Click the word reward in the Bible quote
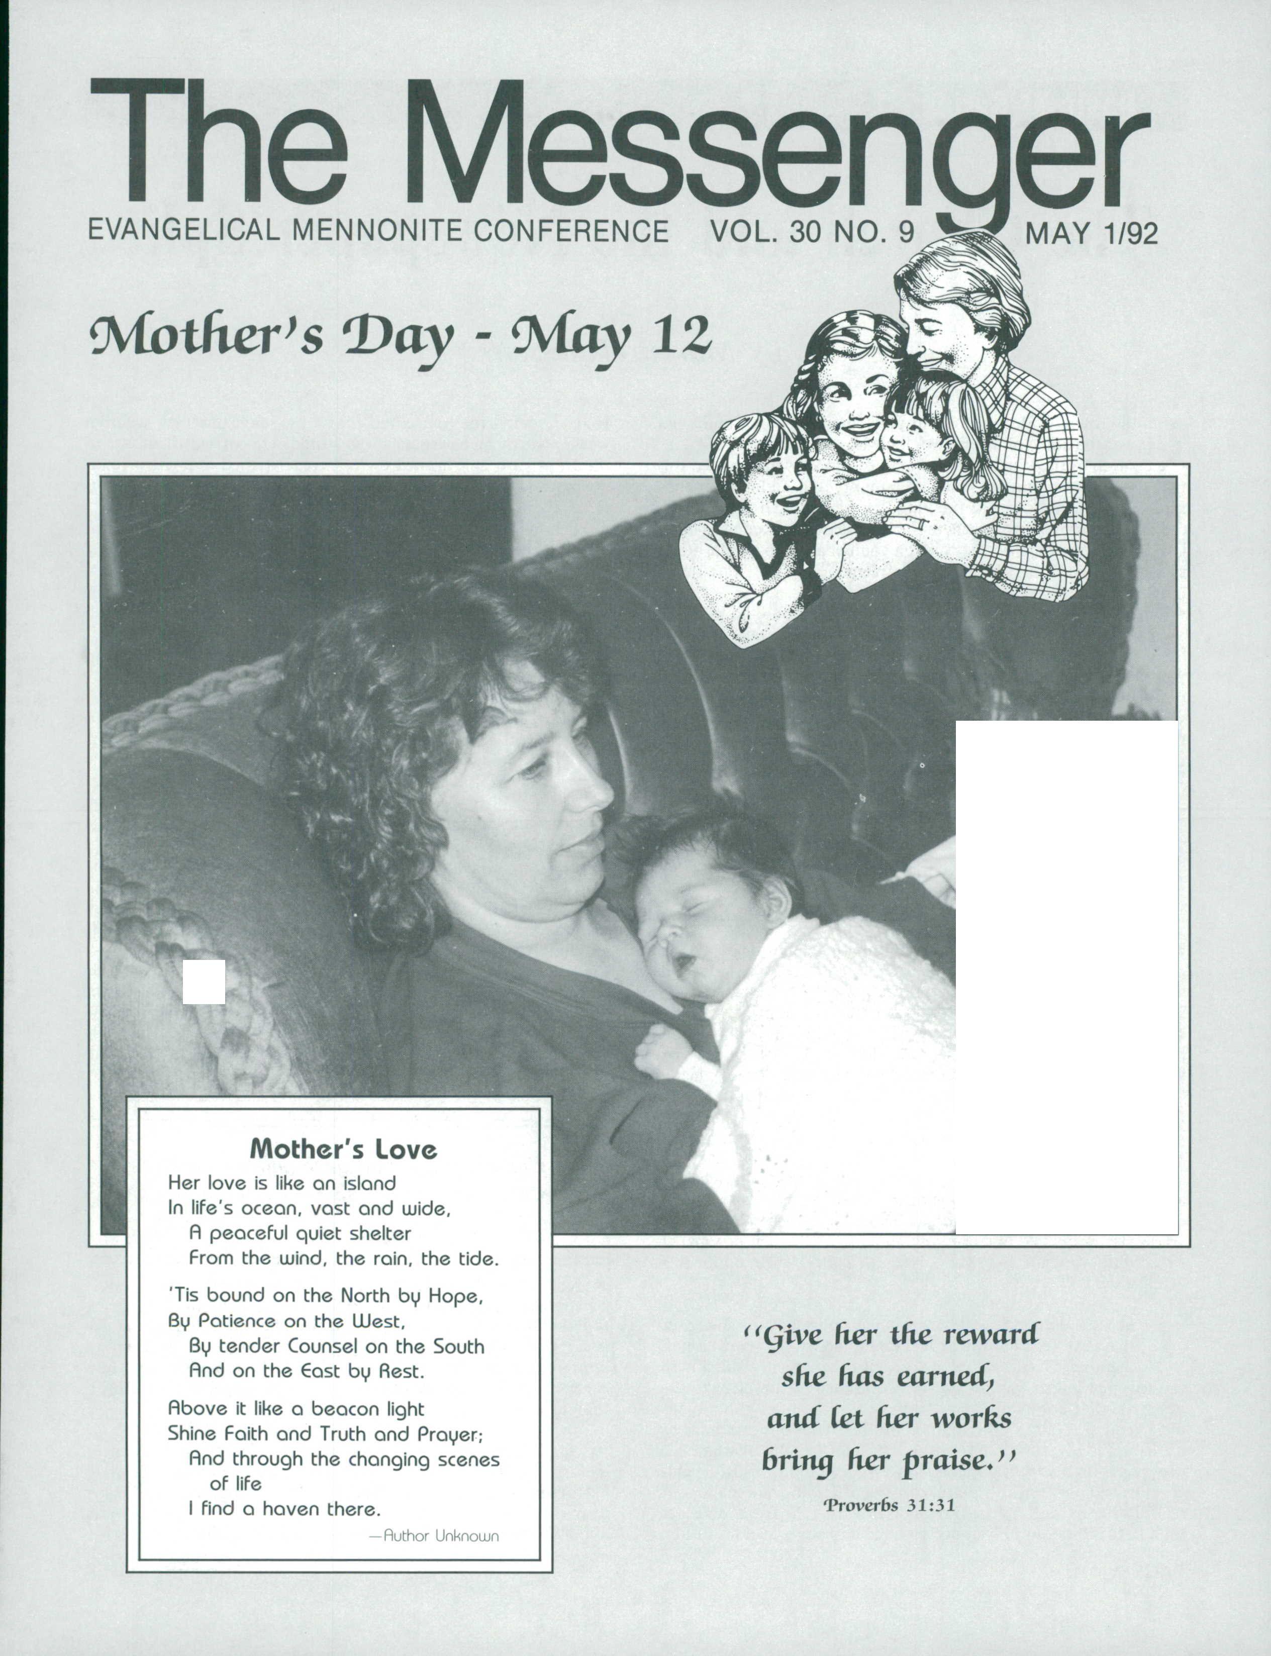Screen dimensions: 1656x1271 click(991, 1334)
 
